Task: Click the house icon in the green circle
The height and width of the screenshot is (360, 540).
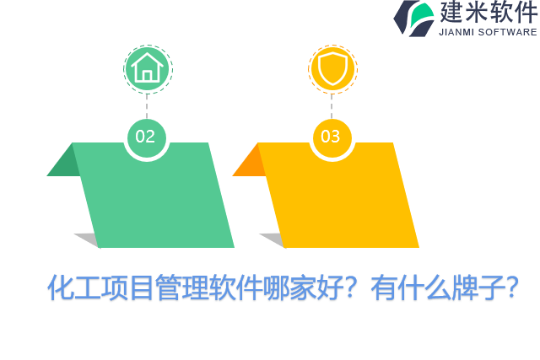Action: click(x=147, y=67)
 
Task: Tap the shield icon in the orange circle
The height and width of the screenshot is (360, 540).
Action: click(x=332, y=67)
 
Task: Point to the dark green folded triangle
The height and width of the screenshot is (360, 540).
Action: click(x=64, y=164)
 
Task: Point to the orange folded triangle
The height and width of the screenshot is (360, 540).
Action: click(x=250, y=164)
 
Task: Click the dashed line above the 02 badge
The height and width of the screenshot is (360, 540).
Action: click(x=147, y=105)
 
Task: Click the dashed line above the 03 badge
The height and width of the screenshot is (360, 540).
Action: click(x=332, y=105)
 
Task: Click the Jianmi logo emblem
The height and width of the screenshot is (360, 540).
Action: click(x=413, y=18)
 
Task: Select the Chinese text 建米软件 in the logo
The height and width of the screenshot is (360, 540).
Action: click(x=488, y=13)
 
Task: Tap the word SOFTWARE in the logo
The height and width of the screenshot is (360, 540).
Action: click(x=509, y=32)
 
